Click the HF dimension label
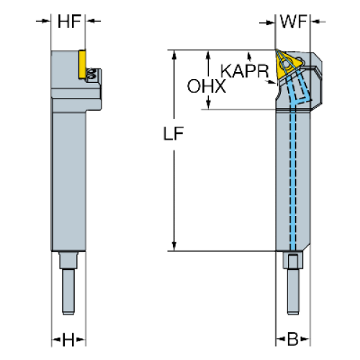[x=69, y=22]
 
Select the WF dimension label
[x=293, y=22]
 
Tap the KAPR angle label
[x=245, y=71]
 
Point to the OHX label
[x=207, y=86]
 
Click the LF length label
[x=174, y=133]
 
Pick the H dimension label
[x=68, y=340]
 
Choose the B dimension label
[x=292, y=339]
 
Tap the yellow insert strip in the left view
[x=82, y=64]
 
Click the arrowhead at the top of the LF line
[x=174, y=55]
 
